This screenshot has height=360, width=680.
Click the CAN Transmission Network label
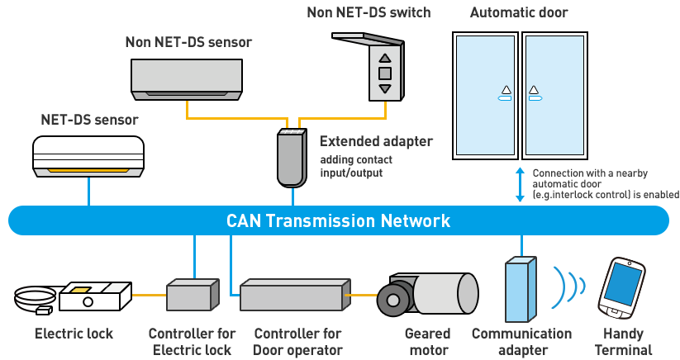(x=339, y=220)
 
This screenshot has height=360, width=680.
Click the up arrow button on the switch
(x=384, y=59)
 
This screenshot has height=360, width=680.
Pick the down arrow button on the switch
(x=384, y=88)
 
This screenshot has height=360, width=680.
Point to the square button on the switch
(x=384, y=73)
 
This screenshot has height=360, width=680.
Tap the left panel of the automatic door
(x=486, y=95)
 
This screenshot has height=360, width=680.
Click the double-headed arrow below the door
(x=520, y=184)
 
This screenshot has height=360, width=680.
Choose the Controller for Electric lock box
(x=192, y=295)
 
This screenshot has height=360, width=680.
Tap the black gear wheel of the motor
(x=392, y=300)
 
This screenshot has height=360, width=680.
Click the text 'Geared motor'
(x=427, y=342)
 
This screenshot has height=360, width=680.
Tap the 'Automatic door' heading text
(x=519, y=12)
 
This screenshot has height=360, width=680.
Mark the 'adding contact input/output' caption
(x=356, y=166)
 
